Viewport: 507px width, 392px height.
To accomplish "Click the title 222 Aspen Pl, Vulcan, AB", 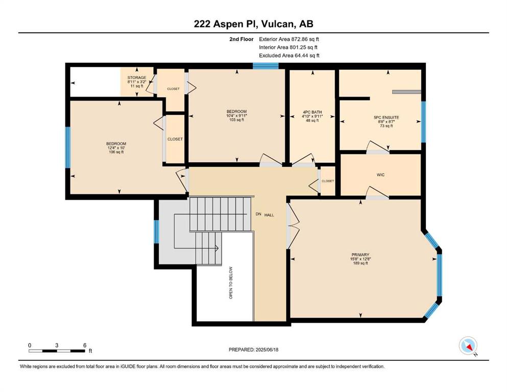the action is pyautogui.click(x=253, y=24).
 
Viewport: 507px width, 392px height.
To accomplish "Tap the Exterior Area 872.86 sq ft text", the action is pyautogui.click(x=289, y=39).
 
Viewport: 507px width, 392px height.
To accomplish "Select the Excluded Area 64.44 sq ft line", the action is pyautogui.click(x=289, y=55).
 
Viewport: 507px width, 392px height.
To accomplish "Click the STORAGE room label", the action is pyautogui.click(x=137, y=78).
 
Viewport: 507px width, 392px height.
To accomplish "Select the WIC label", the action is pyautogui.click(x=380, y=175).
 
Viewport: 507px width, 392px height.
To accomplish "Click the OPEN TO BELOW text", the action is pyautogui.click(x=231, y=282).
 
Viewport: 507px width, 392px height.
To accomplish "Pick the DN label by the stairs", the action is pyautogui.click(x=258, y=214).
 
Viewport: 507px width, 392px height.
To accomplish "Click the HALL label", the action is pyautogui.click(x=269, y=215).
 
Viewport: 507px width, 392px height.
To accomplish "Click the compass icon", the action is pyautogui.click(x=468, y=346).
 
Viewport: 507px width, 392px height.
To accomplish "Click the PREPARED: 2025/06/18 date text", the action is pyautogui.click(x=253, y=350).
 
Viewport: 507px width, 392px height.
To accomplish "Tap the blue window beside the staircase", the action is pyautogui.click(x=157, y=231).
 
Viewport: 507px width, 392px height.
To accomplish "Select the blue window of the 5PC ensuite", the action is pyautogui.click(x=423, y=122).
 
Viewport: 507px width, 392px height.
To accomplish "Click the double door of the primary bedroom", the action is pyautogui.click(x=293, y=226).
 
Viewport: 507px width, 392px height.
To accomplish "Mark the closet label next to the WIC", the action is pyautogui.click(x=328, y=181).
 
